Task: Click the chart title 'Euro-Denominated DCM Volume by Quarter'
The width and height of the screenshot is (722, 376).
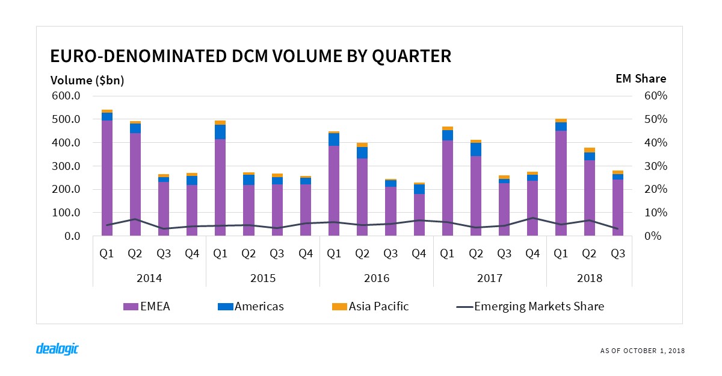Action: click(250, 56)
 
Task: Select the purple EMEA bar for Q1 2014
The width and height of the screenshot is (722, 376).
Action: click(107, 178)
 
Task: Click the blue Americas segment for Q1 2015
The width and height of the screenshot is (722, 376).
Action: click(220, 132)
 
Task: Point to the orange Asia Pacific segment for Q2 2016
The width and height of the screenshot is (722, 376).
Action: click(362, 145)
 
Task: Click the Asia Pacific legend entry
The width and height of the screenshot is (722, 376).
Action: click(370, 306)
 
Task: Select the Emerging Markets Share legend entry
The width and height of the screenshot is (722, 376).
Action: click(530, 306)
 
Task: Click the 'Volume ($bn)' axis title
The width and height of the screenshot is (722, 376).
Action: click(87, 80)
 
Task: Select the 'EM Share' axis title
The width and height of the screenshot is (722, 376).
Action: click(640, 78)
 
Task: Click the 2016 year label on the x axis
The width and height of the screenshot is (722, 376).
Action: click(377, 278)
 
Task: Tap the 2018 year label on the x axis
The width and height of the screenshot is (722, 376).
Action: click(589, 278)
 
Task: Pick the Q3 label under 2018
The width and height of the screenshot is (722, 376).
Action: click(617, 254)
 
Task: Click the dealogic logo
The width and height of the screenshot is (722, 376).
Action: click(58, 349)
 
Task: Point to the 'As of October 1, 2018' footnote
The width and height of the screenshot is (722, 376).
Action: click(642, 351)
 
